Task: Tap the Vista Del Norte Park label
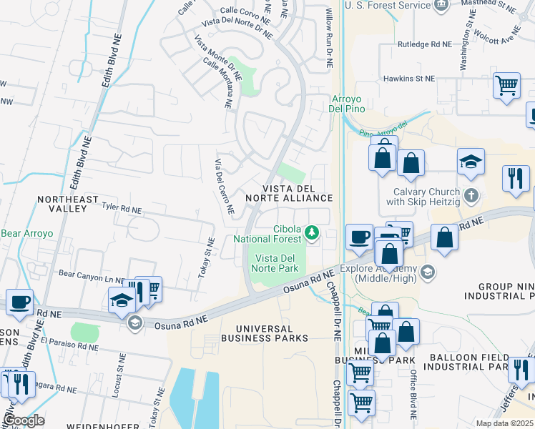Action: pyautogui.click(x=274, y=263)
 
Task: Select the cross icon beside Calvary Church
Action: pyautogui.click(x=471, y=195)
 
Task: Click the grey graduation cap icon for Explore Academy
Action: pyautogui.click(x=427, y=272)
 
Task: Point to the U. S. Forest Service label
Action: pyautogui.click(x=388, y=5)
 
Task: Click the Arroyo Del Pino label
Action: pyautogui.click(x=347, y=104)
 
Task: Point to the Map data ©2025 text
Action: pyautogui.click(x=504, y=423)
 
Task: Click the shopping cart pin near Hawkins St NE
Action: pyautogui.click(x=506, y=85)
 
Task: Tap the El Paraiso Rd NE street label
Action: pyautogui.click(x=69, y=347)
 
